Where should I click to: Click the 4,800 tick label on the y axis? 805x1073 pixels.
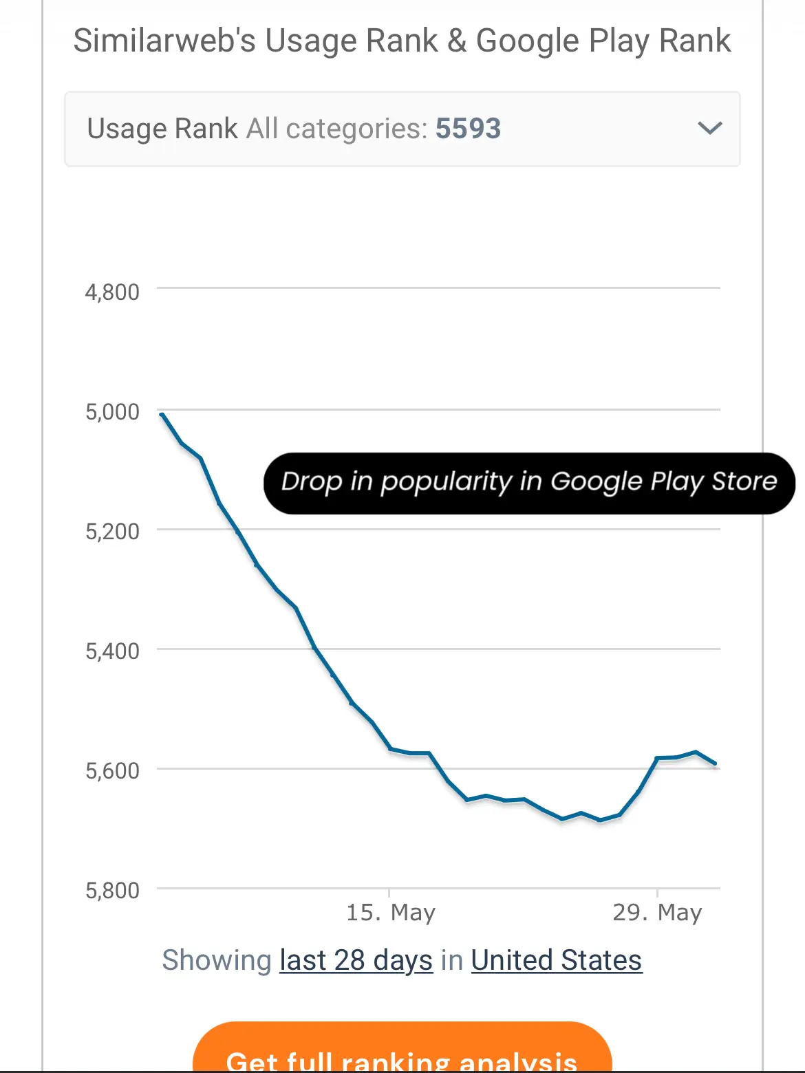click(112, 292)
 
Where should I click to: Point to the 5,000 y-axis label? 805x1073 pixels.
click(112, 412)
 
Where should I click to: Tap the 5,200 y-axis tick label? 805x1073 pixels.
click(112, 532)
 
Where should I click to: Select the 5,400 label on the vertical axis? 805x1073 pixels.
click(112, 651)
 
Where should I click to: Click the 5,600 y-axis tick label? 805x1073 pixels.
click(112, 771)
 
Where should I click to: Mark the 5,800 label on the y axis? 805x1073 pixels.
click(112, 891)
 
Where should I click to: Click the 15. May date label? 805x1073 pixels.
click(391, 913)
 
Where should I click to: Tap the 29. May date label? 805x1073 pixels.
click(657, 913)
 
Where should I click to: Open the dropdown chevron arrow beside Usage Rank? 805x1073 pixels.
click(709, 128)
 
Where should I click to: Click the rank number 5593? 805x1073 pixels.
click(468, 129)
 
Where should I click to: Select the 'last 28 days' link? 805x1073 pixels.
click(356, 960)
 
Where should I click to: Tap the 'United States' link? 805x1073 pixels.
click(556, 960)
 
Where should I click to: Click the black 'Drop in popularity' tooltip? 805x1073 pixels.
click(528, 483)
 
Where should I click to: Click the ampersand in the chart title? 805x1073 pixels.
click(457, 41)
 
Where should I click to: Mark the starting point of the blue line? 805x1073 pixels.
click(162, 414)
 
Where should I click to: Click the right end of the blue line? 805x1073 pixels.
click(716, 763)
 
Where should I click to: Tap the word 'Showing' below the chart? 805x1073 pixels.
click(217, 960)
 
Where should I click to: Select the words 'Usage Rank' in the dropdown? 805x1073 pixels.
click(162, 129)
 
